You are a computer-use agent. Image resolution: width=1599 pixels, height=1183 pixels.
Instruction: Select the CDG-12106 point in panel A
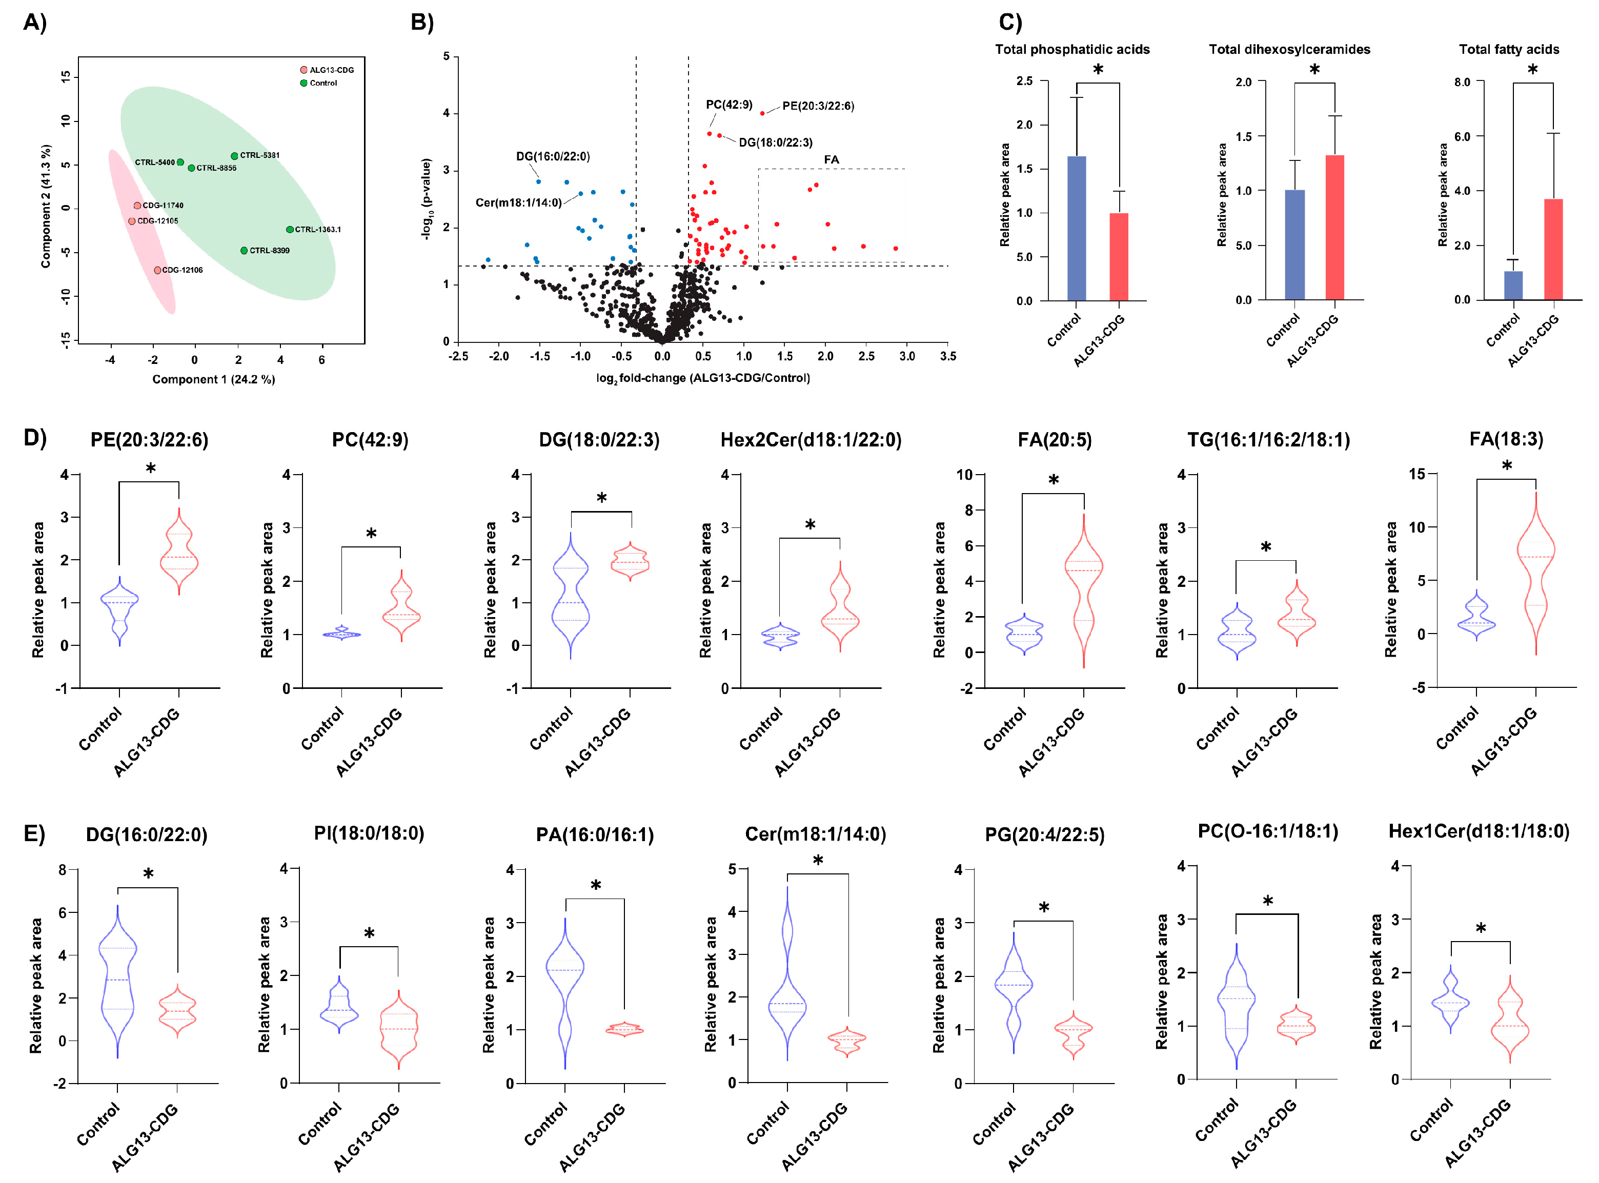(x=157, y=271)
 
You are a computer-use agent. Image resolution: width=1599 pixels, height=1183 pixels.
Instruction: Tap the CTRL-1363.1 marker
(x=289, y=230)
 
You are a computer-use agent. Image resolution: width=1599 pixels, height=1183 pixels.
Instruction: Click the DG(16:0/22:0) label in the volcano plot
(x=553, y=157)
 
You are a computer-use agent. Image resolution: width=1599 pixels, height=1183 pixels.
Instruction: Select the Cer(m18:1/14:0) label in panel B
(x=518, y=202)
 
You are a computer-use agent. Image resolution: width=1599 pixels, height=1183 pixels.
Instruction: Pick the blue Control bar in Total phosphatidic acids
(x=1076, y=229)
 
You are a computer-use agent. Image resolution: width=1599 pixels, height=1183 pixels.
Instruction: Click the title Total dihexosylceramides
(x=1289, y=49)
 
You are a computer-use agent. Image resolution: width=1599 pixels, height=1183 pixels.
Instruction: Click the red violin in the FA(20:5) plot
(x=1083, y=587)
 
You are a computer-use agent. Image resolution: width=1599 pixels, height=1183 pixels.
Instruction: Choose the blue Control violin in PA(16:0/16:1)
(x=565, y=988)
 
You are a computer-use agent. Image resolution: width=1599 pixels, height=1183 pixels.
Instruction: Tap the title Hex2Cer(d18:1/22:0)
(x=811, y=440)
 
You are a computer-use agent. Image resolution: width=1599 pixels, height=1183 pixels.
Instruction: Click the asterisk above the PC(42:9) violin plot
(x=371, y=534)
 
